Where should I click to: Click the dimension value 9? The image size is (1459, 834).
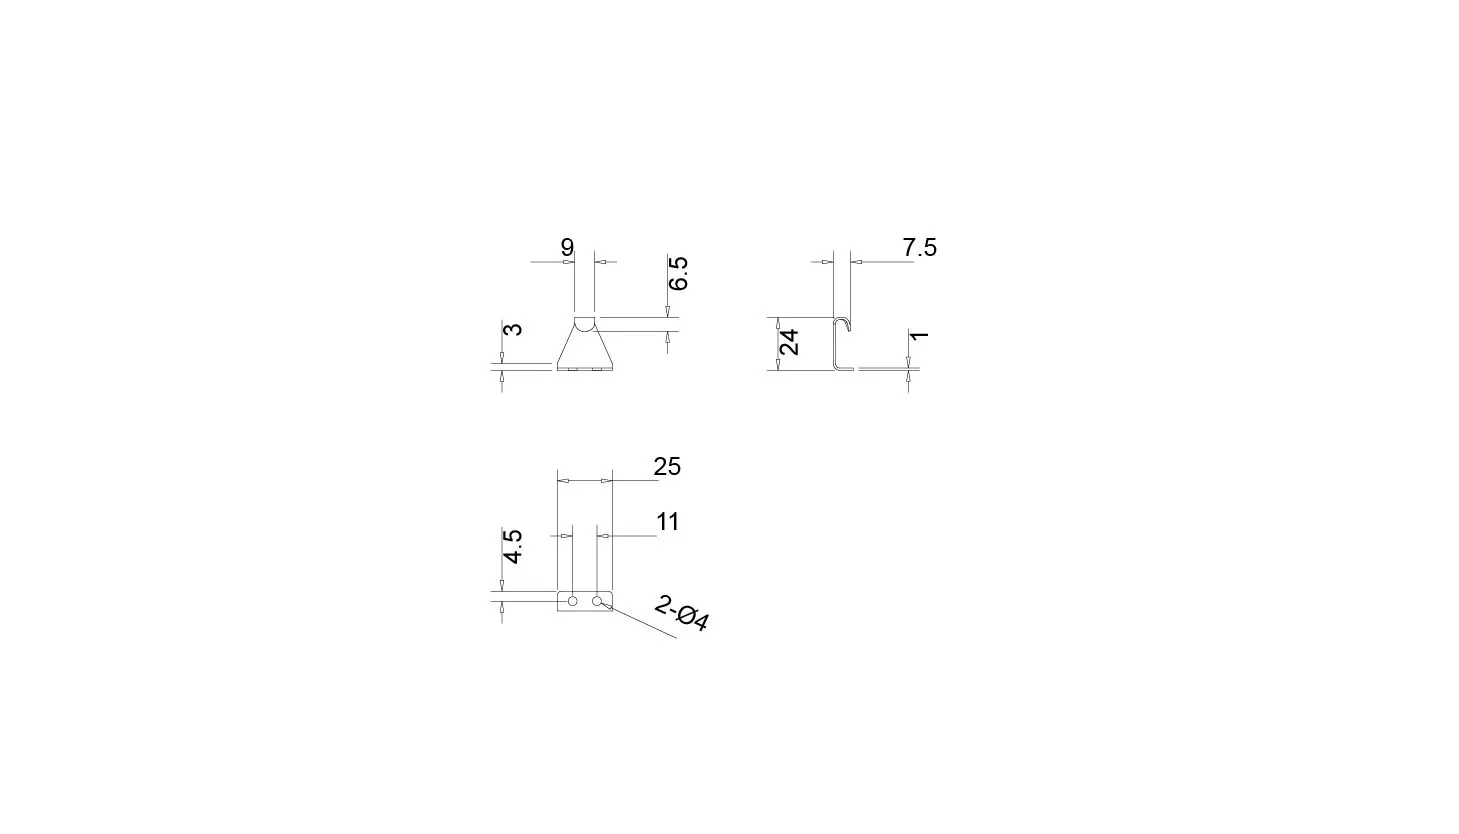point(567,248)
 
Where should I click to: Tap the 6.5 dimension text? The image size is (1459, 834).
point(678,273)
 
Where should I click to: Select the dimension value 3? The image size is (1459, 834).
point(513,328)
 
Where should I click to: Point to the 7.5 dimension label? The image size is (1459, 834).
point(919,248)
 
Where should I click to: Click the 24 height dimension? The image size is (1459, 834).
point(789,342)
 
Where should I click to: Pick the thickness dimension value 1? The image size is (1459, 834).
point(919,336)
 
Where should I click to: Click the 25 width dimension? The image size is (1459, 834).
point(667,467)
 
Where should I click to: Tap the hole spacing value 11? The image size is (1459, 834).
point(668,521)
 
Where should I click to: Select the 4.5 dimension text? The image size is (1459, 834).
point(513,547)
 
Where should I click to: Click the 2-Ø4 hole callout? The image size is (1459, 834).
point(681,613)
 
